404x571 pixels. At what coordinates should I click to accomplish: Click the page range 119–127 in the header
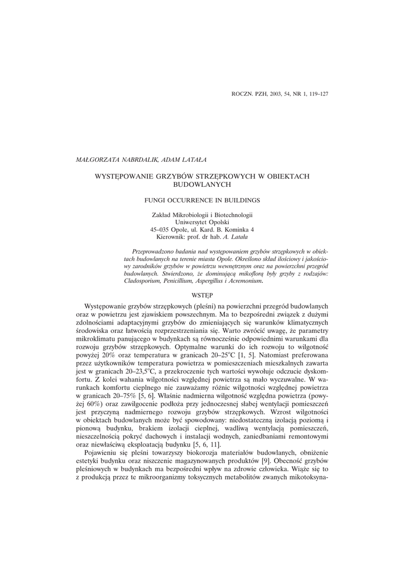pyautogui.click(x=316, y=94)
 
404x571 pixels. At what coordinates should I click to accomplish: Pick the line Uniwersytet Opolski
pyautogui.click(x=202, y=221)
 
